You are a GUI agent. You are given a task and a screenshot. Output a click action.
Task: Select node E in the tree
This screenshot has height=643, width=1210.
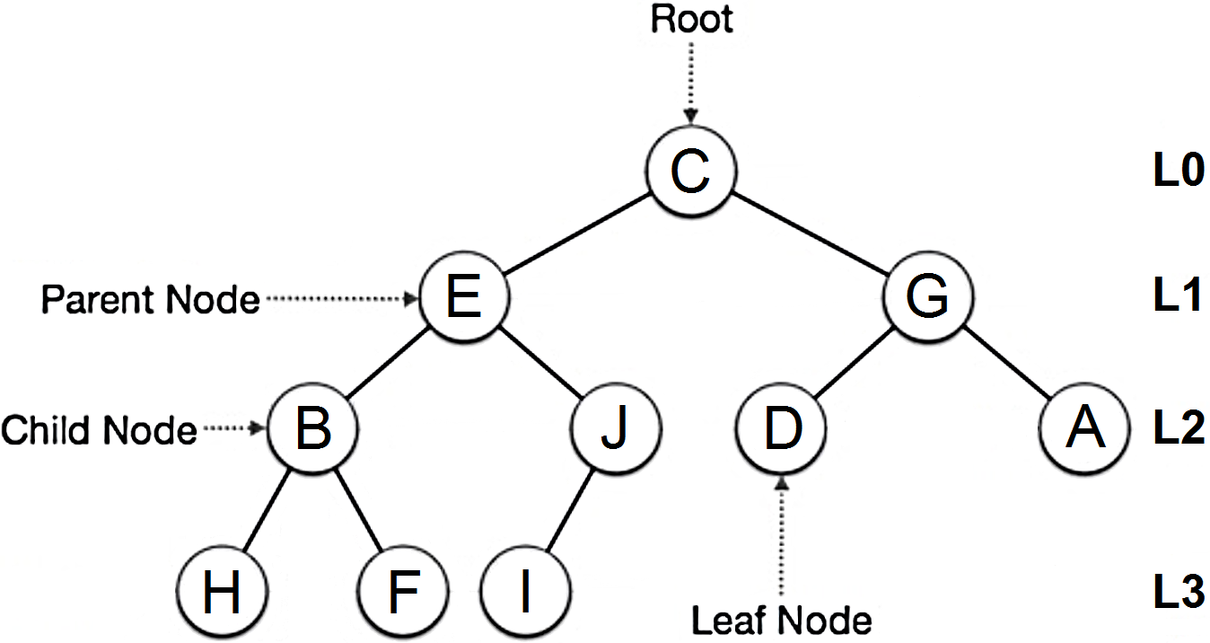coord(463,298)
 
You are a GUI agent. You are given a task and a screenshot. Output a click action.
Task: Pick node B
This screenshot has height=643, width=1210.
coord(313,429)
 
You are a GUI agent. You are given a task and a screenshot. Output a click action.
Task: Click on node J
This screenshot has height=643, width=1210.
coord(615,429)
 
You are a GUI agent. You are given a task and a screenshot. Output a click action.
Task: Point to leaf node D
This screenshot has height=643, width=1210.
coord(781,429)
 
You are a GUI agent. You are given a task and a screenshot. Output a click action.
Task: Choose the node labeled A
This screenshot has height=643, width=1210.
coord(1084,429)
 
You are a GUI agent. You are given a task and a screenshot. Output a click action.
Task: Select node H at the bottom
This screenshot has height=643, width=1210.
coord(222,594)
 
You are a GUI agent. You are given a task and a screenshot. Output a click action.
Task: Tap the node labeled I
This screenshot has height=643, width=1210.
coord(525,594)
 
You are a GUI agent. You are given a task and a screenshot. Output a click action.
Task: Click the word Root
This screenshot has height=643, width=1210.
coord(691,20)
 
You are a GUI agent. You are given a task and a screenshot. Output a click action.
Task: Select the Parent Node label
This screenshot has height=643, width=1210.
coord(150,300)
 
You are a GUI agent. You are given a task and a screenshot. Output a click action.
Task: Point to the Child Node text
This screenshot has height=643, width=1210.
coord(99,431)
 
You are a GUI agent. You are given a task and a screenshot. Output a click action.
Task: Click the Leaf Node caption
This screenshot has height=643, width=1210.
coord(781,620)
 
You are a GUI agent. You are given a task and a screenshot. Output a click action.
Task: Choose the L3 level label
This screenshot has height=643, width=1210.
coord(1177,594)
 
